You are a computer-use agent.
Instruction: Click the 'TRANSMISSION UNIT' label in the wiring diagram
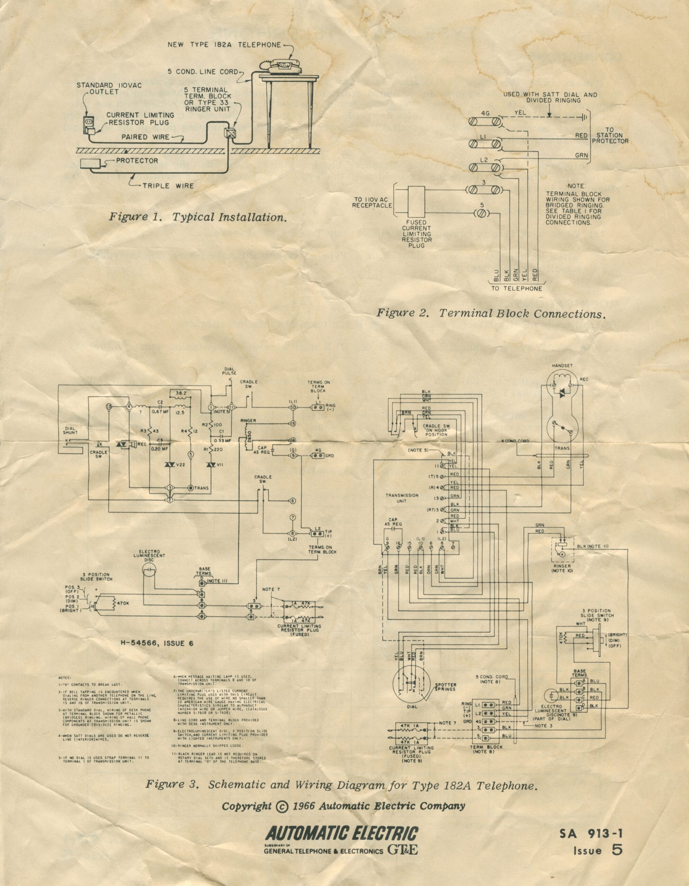401,498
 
